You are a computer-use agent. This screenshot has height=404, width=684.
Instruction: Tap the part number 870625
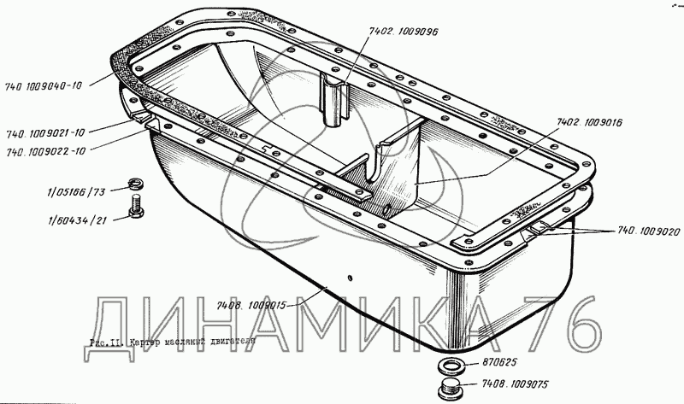point(494,361)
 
